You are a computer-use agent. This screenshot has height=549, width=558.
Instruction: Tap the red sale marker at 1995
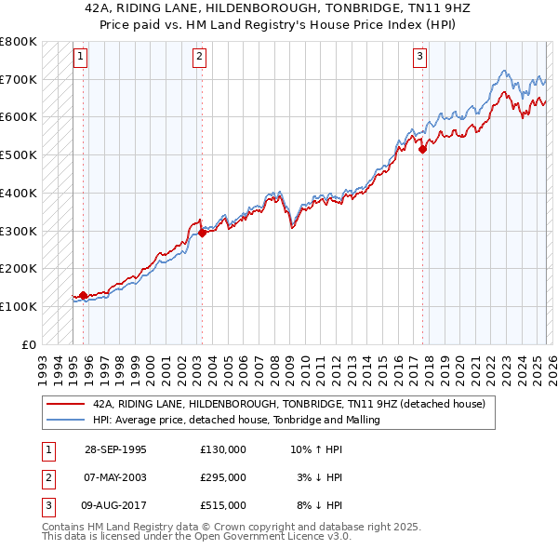(84, 295)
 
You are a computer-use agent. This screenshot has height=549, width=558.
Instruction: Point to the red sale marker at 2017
(422, 149)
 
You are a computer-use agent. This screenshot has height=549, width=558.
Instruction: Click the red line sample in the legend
(64, 405)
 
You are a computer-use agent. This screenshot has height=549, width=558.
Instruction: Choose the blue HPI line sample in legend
(64, 420)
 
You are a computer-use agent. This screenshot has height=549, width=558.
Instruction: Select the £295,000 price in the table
(222, 477)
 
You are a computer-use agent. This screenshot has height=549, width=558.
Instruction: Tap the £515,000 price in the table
(222, 505)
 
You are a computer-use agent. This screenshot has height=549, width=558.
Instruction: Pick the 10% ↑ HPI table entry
(316, 449)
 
